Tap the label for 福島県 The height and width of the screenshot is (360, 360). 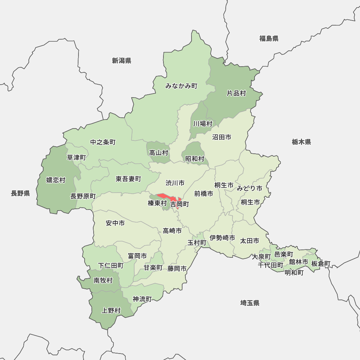point(269,39)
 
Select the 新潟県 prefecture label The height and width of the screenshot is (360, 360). point(121,60)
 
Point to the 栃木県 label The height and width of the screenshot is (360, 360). point(301,142)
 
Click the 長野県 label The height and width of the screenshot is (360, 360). point(20,194)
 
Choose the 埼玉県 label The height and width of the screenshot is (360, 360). point(250,303)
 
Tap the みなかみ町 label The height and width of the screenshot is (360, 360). point(181,86)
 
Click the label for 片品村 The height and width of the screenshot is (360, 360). point(236,93)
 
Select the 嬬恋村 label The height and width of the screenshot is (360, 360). point(56,180)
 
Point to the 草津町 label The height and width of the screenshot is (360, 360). point(76,157)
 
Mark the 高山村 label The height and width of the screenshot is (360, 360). point(159,153)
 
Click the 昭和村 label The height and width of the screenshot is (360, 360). point(195,158)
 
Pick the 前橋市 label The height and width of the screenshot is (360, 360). point(203,194)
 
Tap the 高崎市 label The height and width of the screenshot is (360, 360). point(172,231)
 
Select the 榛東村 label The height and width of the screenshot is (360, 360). point(157,204)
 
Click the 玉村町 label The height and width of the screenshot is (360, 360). point(197,243)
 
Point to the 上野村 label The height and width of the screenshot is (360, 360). point(111,310)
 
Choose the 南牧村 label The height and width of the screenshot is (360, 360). point(103,280)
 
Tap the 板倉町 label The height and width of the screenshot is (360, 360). point(320,264)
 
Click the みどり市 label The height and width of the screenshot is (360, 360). point(249,188)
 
